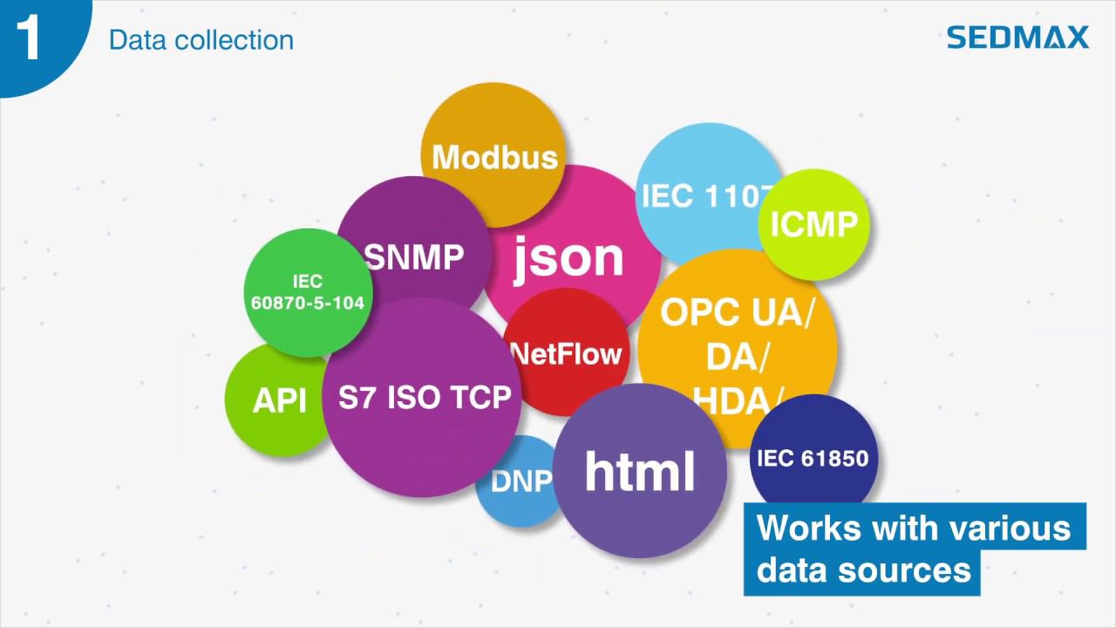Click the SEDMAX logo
(x=1017, y=38)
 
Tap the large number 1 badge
(x=29, y=38)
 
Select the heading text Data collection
(x=201, y=40)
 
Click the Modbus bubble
(x=493, y=157)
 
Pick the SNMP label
(x=414, y=257)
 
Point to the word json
(x=568, y=258)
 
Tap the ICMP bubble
(x=814, y=225)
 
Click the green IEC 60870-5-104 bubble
(x=307, y=292)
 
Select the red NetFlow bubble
(x=567, y=354)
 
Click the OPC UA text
(x=736, y=312)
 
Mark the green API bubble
(x=279, y=400)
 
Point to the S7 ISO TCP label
(x=425, y=398)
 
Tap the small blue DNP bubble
(x=520, y=482)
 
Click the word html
(x=640, y=471)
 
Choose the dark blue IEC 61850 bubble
(x=813, y=458)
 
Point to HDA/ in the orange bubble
(x=737, y=401)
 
